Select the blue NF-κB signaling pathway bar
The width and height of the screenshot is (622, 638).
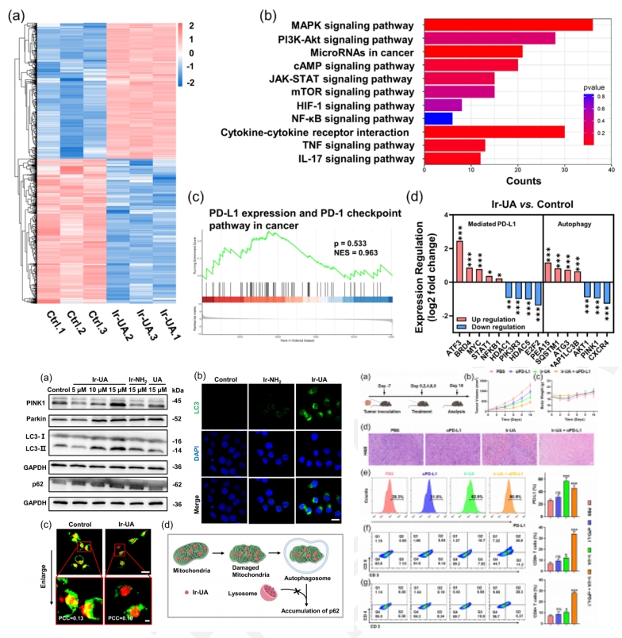click(x=439, y=117)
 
